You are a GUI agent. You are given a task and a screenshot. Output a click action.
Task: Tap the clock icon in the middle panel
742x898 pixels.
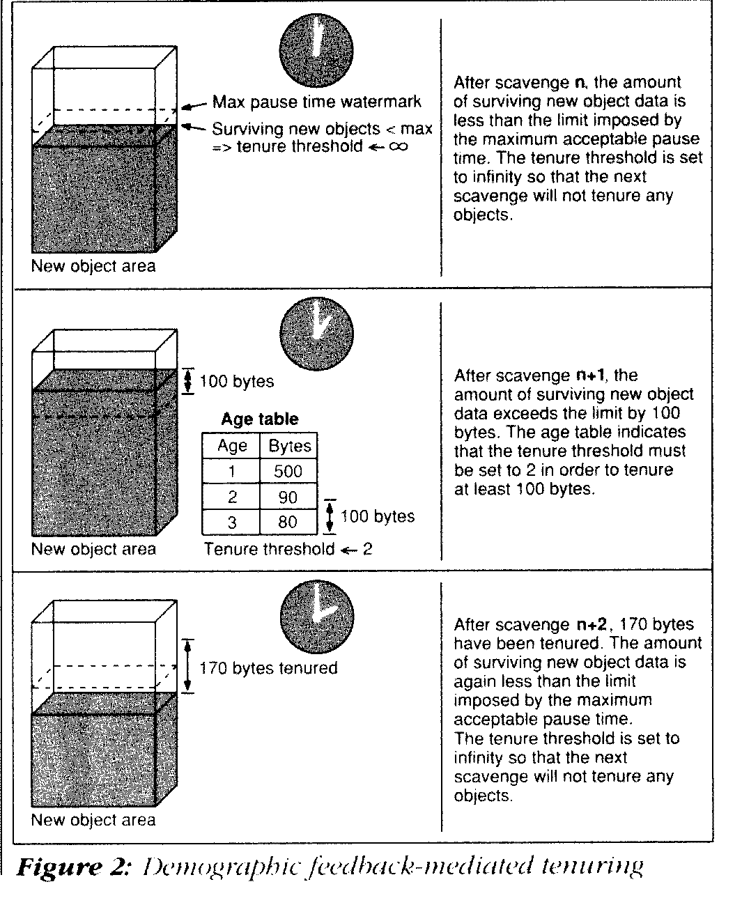316,332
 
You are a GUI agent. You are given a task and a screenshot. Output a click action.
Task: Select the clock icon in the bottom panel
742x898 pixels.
317,614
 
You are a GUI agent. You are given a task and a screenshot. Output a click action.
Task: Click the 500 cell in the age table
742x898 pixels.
288,471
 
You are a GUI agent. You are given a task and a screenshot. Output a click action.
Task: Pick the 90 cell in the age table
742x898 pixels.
288,497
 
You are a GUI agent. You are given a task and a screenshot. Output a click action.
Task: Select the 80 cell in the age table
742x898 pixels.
288,522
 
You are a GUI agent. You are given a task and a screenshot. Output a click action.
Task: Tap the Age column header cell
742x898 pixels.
231,446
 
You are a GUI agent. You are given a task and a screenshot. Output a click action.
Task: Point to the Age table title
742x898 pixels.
259,419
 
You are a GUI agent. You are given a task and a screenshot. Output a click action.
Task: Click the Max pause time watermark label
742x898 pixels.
316,102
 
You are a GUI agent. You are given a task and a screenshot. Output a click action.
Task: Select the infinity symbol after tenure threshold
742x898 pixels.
399,146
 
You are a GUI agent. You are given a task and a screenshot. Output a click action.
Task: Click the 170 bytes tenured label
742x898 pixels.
268,668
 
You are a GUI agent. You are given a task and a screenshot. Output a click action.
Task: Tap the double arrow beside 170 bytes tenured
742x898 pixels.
187,666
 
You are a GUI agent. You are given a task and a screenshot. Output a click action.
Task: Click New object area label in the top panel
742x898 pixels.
93,266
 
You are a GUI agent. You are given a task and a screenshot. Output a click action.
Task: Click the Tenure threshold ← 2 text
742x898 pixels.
288,549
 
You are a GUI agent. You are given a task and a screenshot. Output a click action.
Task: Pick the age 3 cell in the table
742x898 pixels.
231,522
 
